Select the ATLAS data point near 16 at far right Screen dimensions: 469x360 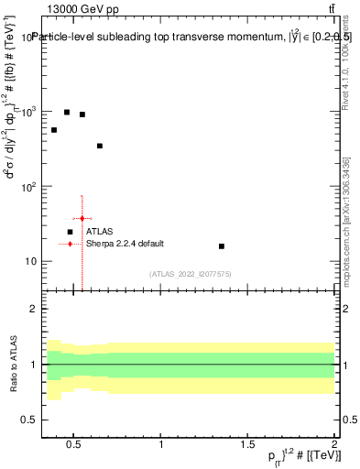(222, 246)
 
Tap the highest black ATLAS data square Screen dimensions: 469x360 (67, 112)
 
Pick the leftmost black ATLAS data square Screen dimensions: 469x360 (54, 130)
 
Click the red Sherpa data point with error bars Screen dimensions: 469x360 (82, 219)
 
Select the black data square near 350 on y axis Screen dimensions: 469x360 (100, 146)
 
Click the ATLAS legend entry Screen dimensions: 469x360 (99, 232)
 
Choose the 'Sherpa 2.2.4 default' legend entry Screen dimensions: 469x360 (125, 244)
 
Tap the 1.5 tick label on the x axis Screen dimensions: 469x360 (247, 445)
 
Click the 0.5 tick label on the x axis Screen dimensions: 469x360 (74, 445)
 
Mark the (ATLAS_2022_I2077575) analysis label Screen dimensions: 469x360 (191, 274)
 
